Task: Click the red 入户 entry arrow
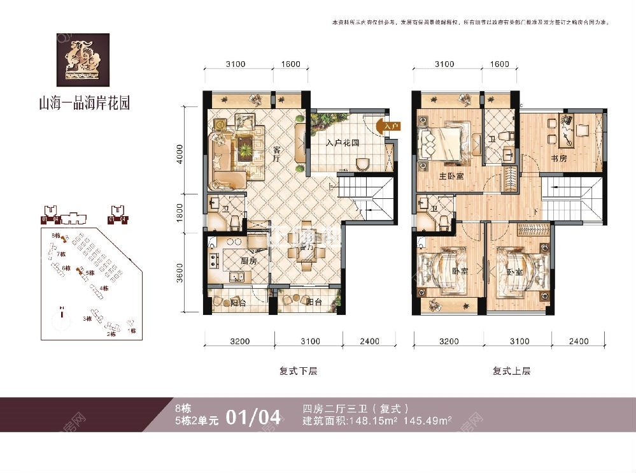click(x=390, y=127)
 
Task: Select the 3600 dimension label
click(x=181, y=275)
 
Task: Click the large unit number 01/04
click(x=253, y=418)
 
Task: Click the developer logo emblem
click(x=83, y=60)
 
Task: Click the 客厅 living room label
click(x=278, y=156)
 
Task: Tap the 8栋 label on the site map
click(x=55, y=236)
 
